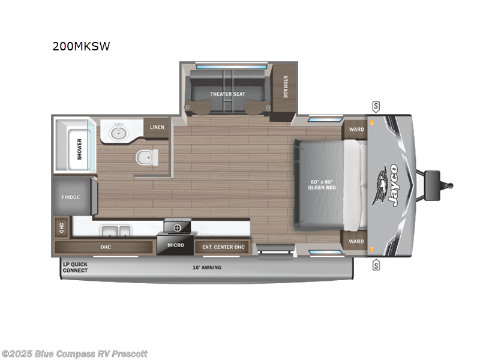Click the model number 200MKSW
pyautogui.click(x=81, y=46)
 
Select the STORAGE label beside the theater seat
pyautogui.click(x=286, y=88)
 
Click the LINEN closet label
pyautogui.click(x=157, y=127)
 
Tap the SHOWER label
pyautogui.click(x=79, y=149)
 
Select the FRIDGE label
pyautogui.click(x=70, y=197)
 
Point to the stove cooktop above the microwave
pyautogui.click(x=177, y=227)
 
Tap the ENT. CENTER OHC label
pyautogui.click(x=223, y=246)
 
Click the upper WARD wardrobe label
pyautogui.click(x=356, y=129)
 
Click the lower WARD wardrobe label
pyautogui.click(x=356, y=241)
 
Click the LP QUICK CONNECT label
pyautogui.click(x=76, y=267)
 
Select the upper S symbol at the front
pyautogui.click(x=376, y=107)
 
